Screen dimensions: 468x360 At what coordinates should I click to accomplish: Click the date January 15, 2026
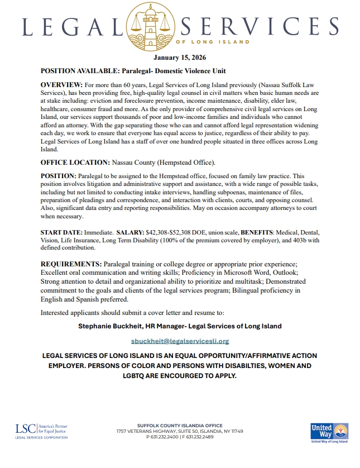click(x=179, y=57)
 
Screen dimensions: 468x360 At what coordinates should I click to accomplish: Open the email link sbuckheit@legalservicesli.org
click(x=180, y=341)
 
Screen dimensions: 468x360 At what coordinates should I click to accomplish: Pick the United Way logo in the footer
click(x=329, y=432)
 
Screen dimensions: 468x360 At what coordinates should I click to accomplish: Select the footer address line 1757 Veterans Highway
click(x=180, y=431)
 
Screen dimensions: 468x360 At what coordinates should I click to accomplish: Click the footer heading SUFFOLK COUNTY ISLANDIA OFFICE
click(x=180, y=426)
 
